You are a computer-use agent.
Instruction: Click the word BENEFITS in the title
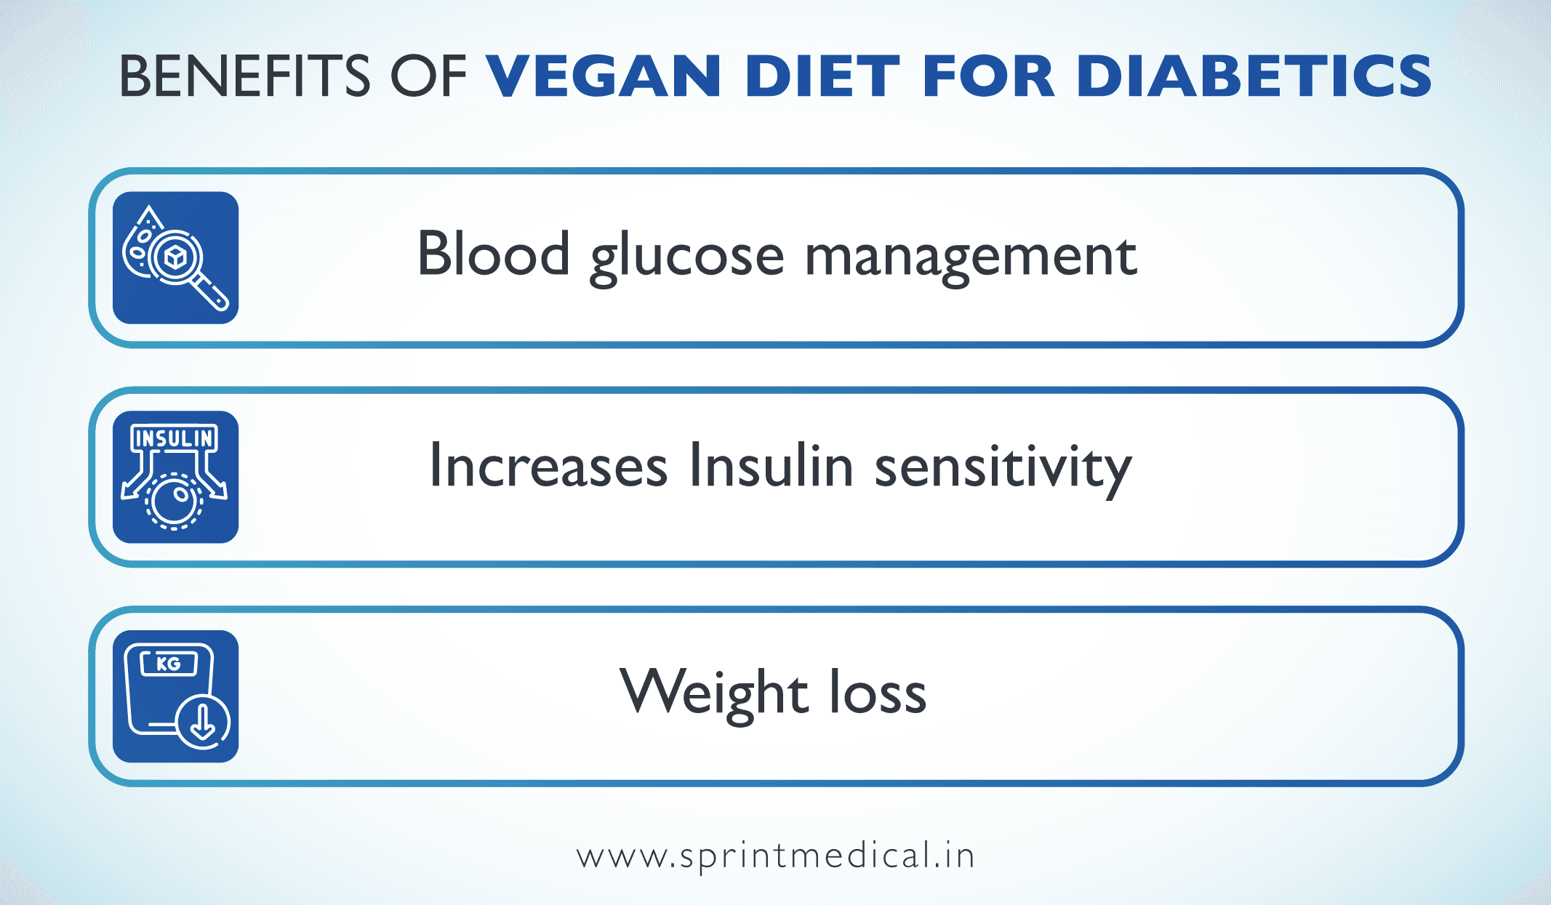coord(244,76)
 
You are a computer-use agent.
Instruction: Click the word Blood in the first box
coord(493,254)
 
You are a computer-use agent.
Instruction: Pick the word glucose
coord(687,258)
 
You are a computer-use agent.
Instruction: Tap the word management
coord(971,258)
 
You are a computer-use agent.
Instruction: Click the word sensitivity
coord(1003,469)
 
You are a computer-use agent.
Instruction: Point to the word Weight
coord(713,693)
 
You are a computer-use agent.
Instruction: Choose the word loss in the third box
coord(878,693)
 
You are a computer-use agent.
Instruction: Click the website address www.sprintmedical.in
coord(775,856)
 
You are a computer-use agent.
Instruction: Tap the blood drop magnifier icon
coord(175,257)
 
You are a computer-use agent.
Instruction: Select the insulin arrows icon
coord(175,477)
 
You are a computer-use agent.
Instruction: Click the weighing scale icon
coord(175,696)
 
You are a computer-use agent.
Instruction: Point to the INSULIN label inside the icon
coord(175,438)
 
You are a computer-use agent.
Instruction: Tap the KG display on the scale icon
coord(169,664)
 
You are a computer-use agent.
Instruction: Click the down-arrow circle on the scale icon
coord(203,722)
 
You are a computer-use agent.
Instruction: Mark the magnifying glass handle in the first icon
coord(212,291)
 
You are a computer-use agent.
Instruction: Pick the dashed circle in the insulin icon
coord(174,501)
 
